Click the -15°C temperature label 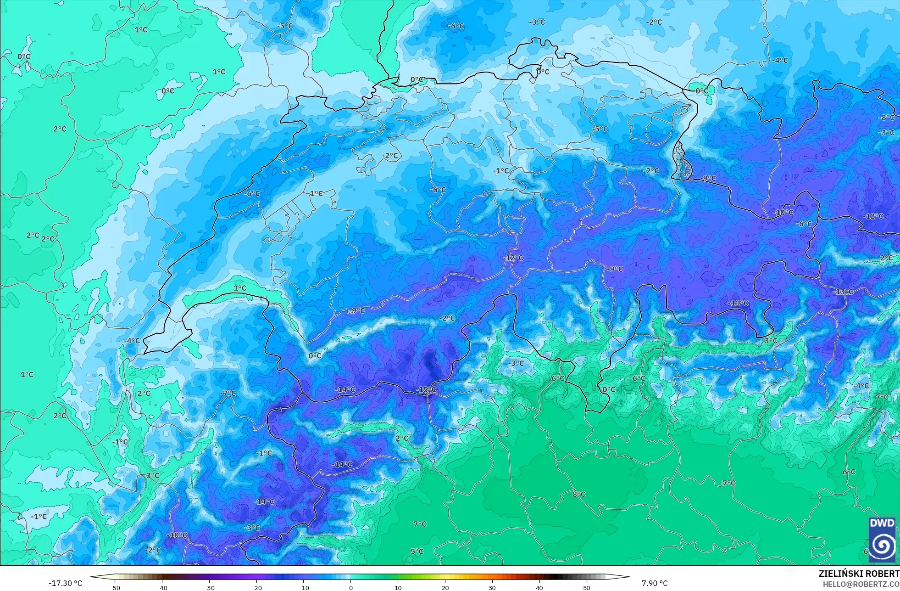click(426, 390)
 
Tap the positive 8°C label click(579, 494)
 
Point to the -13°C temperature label click(843, 292)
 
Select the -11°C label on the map click(738, 303)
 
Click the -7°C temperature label click(228, 393)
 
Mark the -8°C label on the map click(886, 118)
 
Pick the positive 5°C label click(417, 551)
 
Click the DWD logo click(882, 540)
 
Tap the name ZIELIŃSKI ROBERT click(859, 574)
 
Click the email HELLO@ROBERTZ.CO click(861, 584)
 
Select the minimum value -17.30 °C click(66, 583)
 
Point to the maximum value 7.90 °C click(655, 583)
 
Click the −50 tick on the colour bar click(115, 587)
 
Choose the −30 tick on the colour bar click(209, 587)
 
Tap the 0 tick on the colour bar click(351, 587)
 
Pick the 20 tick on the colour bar click(445, 587)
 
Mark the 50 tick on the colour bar click(587, 587)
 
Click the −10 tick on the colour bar click(303, 587)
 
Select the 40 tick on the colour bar click(539, 587)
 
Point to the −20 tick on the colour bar click(256, 587)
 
